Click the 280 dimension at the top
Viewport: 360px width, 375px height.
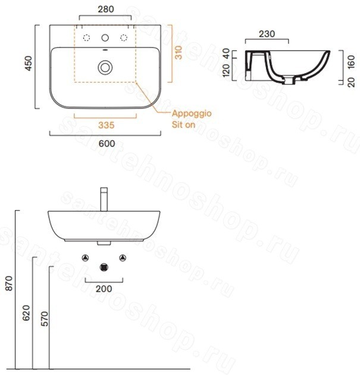(106, 10)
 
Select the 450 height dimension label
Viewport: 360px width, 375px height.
(29, 63)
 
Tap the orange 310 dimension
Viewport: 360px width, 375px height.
(179, 52)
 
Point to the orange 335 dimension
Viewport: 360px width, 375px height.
(107, 125)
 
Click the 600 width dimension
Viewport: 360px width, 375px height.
(107, 143)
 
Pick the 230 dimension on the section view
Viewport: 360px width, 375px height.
(267, 34)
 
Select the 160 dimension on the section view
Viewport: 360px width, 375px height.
(351, 62)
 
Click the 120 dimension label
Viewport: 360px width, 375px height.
(226, 70)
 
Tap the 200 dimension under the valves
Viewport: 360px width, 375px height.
(104, 289)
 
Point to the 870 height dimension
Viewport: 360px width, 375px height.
(9, 283)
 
